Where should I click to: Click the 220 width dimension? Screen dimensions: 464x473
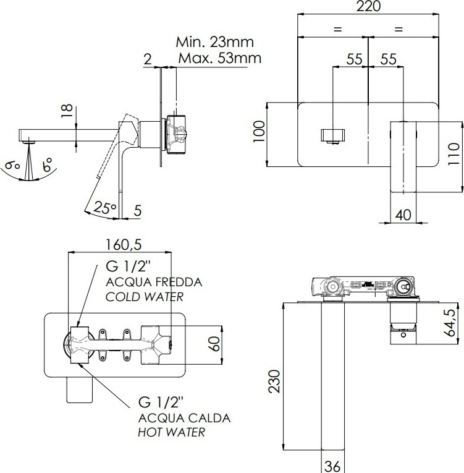click(368, 6)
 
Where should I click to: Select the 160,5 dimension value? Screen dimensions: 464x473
click(124, 244)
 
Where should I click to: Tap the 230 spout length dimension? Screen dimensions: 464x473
click(274, 381)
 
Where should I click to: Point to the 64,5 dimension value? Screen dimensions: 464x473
click(451, 323)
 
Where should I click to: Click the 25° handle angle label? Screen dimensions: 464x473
click(104, 208)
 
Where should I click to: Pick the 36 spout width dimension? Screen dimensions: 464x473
click(333, 466)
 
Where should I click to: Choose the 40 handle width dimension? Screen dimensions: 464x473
click(403, 215)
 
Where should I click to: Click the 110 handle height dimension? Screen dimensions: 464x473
click(453, 154)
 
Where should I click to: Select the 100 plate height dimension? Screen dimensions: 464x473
click(259, 132)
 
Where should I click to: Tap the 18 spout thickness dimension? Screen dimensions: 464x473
click(67, 111)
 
